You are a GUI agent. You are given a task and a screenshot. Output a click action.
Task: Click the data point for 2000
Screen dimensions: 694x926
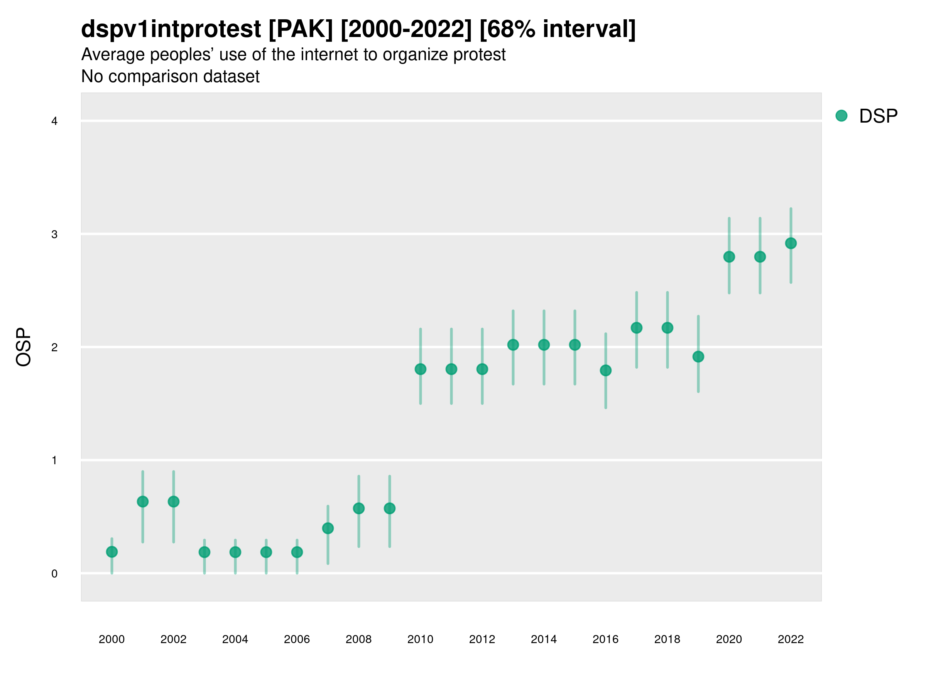[x=112, y=552]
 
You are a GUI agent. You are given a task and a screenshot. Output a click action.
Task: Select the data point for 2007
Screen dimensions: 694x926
[x=328, y=528]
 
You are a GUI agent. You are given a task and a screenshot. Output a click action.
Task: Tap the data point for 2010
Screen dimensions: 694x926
[x=420, y=369]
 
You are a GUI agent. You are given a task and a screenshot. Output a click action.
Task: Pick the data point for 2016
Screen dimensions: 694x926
[x=605, y=370]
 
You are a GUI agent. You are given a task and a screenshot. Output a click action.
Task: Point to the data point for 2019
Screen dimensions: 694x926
[x=698, y=356]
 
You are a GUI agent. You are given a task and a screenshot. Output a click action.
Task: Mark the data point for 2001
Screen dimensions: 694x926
[x=143, y=501]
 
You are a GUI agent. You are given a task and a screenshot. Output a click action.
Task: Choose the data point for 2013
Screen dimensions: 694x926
[x=513, y=345]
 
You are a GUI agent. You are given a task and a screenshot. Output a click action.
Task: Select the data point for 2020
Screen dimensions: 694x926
[x=729, y=256]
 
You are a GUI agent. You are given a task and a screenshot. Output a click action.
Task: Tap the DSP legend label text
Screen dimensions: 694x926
[x=878, y=116]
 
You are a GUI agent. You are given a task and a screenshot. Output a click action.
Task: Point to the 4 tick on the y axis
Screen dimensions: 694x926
[x=54, y=121]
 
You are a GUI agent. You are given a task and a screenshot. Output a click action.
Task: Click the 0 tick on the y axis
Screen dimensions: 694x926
[x=54, y=574]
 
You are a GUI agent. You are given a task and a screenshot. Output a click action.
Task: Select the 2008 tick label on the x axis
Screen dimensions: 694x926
[x=358, y=639]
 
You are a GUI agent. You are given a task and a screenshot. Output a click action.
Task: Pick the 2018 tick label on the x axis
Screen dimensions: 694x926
[x=667, y=639]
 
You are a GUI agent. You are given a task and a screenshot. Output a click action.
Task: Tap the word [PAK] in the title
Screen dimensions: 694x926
[x=300, y=29]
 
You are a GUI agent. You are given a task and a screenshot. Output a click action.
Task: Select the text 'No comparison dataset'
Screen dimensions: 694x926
[x=171, y=77]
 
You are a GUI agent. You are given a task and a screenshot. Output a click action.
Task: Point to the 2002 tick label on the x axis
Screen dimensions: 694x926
[x=173, y=639]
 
